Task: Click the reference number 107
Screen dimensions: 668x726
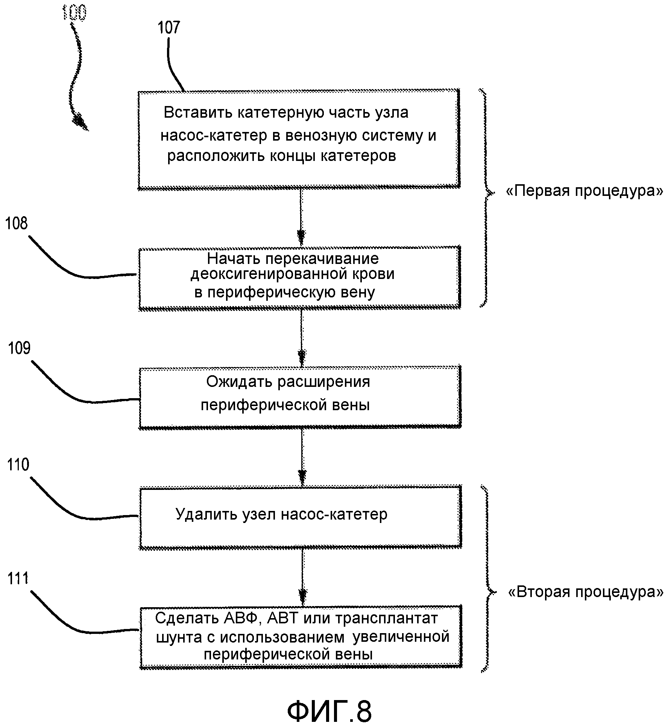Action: point(169,27)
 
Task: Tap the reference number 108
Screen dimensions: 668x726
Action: point(17,224)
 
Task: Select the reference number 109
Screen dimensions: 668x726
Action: point(19,349)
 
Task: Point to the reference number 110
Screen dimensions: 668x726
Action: point(18,465)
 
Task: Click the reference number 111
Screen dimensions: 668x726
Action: point(18,579)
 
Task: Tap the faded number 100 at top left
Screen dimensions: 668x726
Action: point(74,12)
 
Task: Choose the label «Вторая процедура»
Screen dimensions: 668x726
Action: point(586,593)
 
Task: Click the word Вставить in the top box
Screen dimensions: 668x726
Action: point(197,113)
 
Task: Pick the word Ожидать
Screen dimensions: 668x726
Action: point(239,382)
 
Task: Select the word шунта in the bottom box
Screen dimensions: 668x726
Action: point(177,637)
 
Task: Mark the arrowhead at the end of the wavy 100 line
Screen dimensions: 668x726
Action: point(80,122)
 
